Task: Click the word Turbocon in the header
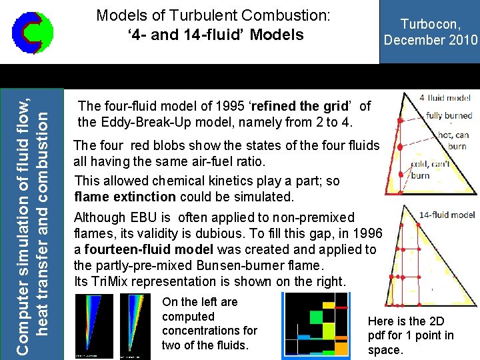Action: pyautogui.click(x=431, y=24)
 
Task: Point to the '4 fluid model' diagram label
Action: pyautogui.click(x=445, y=98)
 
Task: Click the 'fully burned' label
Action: pyautogui.click(x=449, y=115)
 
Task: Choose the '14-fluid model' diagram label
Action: pyautogui.click(x=447, y=215)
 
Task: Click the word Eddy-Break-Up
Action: pyautogui.click(x=139, y=122)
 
